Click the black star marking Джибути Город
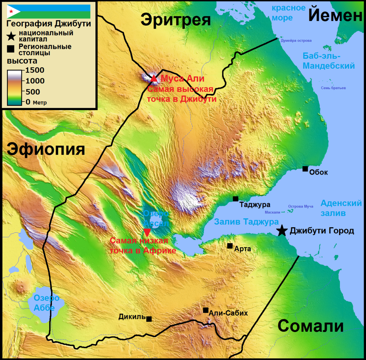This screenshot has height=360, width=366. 282,231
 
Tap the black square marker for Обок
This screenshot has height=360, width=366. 305,169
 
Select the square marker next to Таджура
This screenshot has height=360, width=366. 236,199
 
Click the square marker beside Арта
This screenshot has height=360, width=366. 230,246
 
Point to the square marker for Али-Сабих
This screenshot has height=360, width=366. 206,310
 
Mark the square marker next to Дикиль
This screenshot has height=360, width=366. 149,319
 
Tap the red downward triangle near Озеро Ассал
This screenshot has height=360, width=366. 147,232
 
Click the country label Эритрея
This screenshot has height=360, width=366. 175,20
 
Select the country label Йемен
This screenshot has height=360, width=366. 336,15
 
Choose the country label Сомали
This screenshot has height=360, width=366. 311,326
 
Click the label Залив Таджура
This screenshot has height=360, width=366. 246,222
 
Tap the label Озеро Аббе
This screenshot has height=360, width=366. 46,303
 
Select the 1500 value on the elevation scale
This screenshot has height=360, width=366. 35,70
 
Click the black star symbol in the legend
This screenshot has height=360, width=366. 12,36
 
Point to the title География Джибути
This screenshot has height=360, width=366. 49,24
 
